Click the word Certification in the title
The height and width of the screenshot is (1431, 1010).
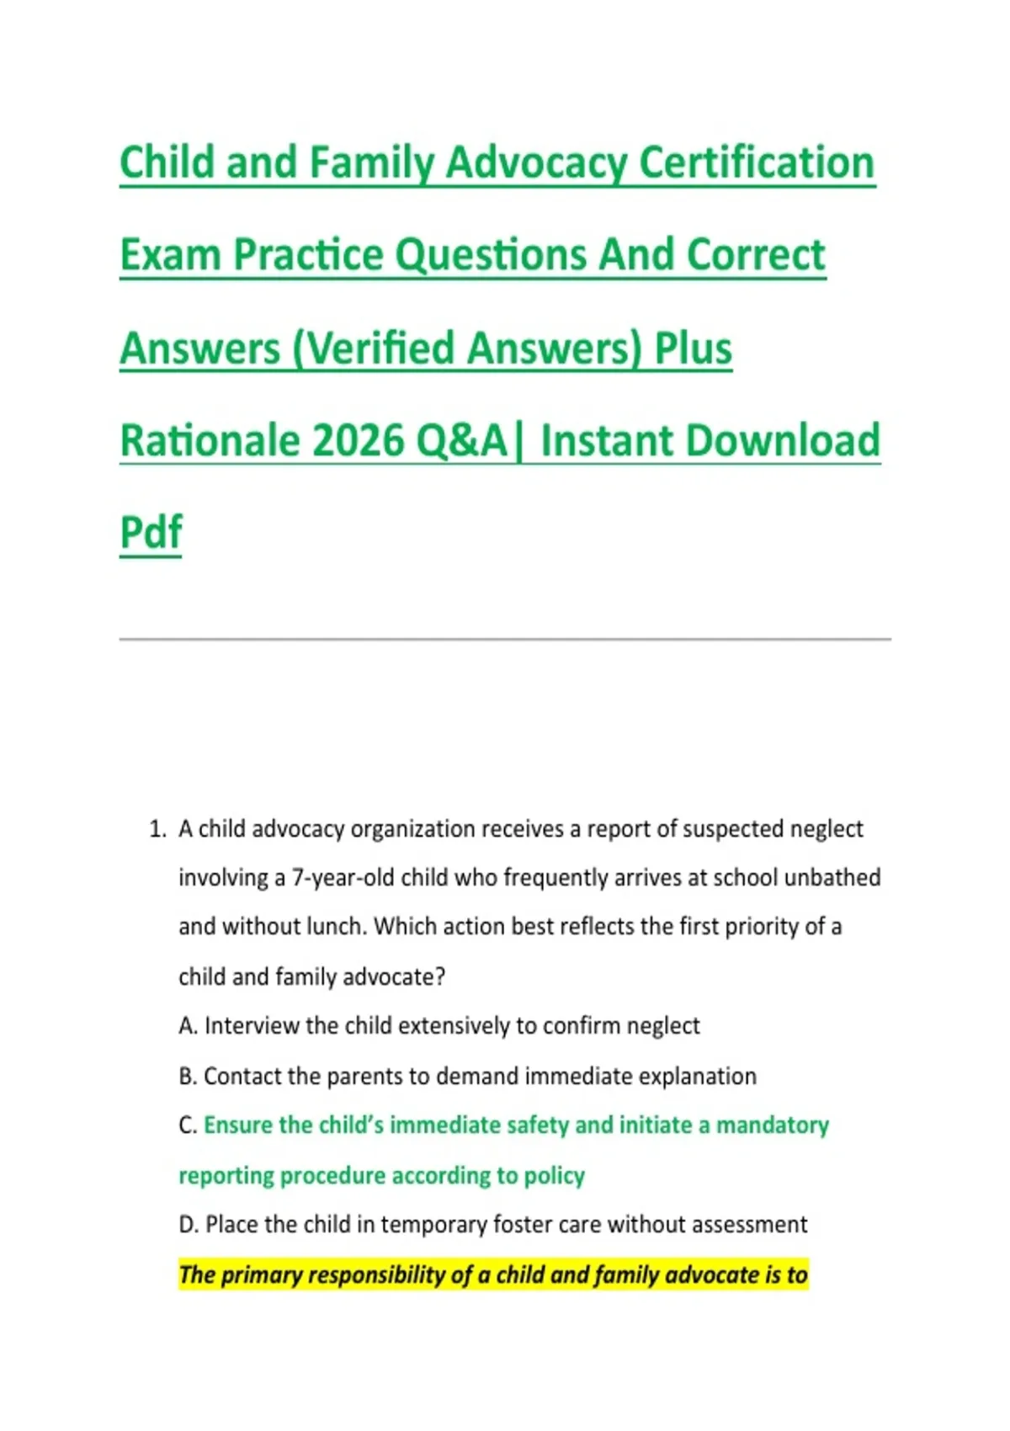757,162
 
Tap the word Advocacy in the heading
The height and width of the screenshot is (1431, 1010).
537,164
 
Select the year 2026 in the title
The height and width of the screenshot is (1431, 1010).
358,441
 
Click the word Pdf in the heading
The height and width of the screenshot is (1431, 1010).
151,532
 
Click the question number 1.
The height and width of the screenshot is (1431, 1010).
157,829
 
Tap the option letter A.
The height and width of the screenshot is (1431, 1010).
188,1026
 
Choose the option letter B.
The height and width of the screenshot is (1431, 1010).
187,1077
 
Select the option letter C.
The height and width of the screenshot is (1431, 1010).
187,1125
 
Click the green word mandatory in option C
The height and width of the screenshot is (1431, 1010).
772,1126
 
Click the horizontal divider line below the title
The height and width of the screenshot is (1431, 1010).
505,639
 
